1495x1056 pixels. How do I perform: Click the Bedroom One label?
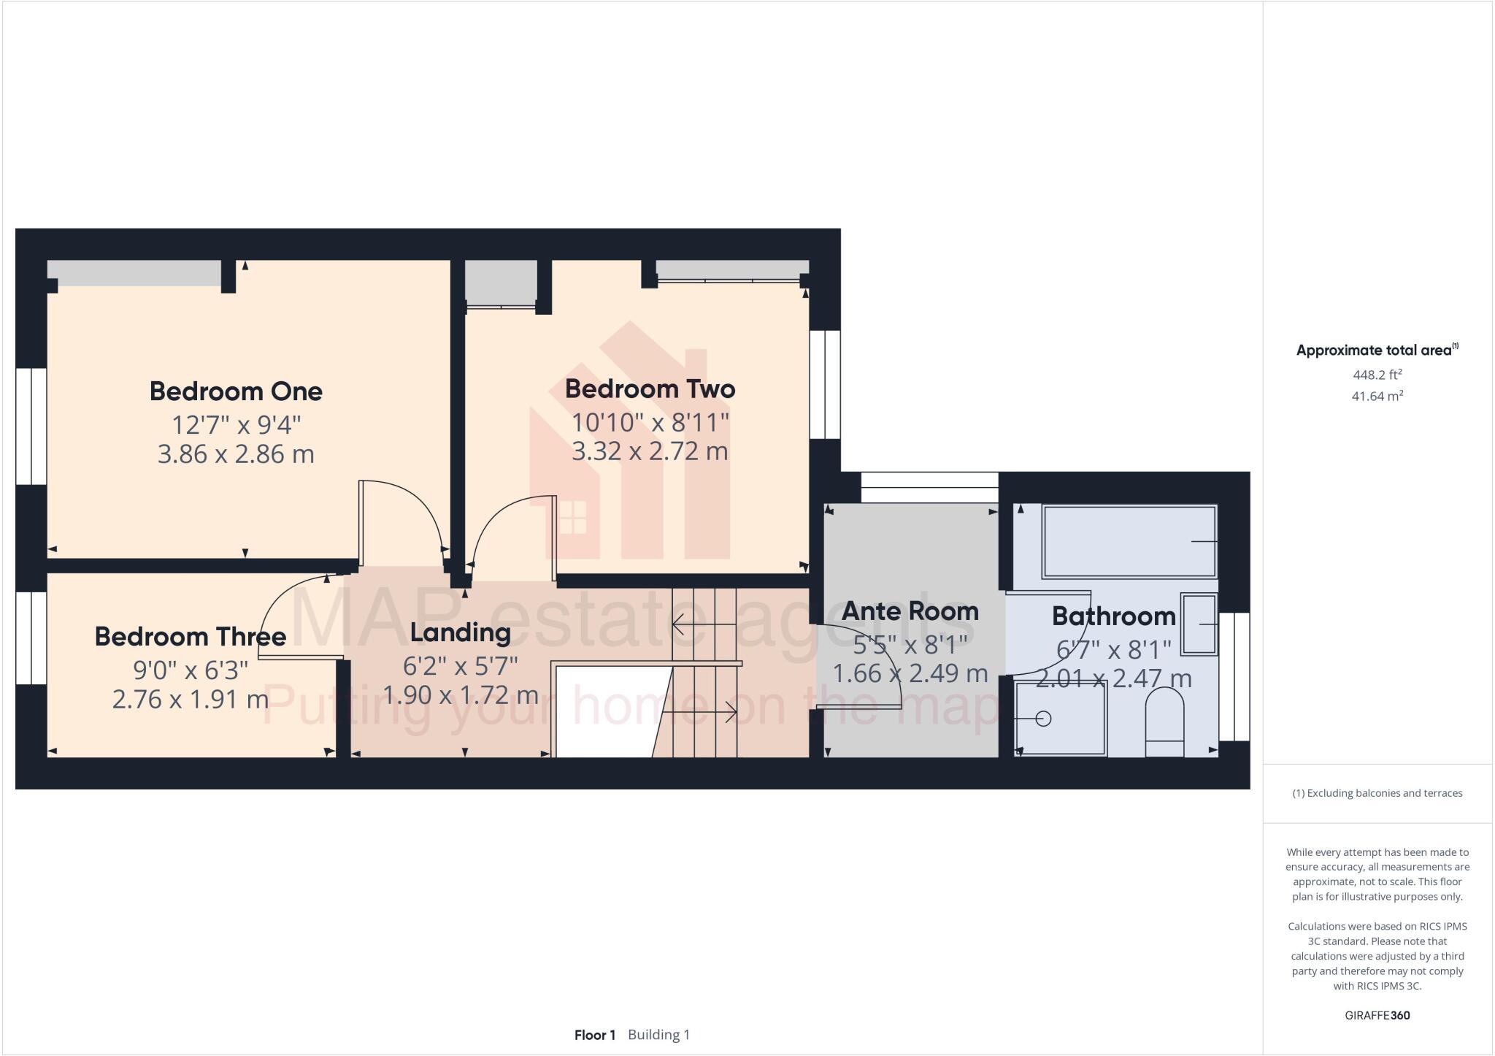pos(236,391)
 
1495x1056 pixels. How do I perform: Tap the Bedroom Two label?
pos(650,389)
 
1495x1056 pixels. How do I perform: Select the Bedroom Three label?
pos(190,637)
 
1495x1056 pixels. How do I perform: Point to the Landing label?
pos(460,632)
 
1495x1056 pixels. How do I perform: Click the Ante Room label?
pos(910,611)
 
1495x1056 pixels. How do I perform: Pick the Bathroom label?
pos(1113,616)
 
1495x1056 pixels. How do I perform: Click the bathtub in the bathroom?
pos(1129,541)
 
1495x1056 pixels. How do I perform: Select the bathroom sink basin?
pos(1199,624)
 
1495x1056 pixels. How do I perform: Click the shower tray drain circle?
pos(1043,719)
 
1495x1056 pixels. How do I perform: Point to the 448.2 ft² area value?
pos(1377,375)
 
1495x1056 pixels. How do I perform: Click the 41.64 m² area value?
pos(1377,397)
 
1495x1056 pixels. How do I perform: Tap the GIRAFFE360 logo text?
pos(1377,1015)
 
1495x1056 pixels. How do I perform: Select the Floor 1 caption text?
pos(595,1035)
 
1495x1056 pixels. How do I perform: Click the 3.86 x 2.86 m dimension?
pos(236,454)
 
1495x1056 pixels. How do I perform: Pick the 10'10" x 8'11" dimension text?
pos(650,422)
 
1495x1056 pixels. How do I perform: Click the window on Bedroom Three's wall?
pos(31,638)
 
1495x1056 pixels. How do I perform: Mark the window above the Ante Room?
pos(929,487)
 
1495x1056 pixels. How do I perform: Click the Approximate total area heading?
pos(1377,351)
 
